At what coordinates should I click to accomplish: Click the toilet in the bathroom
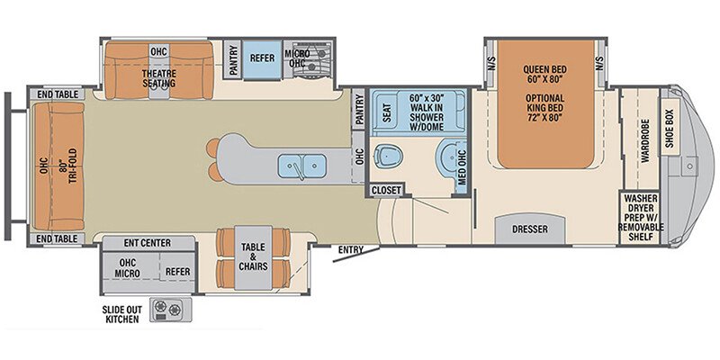(x=388, y=157)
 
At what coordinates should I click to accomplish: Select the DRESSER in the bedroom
(x=529, y=229)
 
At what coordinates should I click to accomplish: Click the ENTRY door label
(x=351, y=250)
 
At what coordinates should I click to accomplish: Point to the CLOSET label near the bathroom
(x=386, y=190)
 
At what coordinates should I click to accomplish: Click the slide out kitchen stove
(x=171, y=310)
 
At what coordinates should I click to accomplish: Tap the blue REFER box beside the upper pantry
(x=262, y=59)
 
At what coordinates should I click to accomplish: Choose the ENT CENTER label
(x=148, y=243)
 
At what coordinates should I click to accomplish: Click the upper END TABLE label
(x=58, y=94)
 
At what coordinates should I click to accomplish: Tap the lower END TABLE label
(x=58, y=238)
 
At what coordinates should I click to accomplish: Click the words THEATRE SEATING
(x=159, y=78)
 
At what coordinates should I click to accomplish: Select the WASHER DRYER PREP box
(x=639, y=218)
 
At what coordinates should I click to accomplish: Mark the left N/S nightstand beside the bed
(x=491, y=63)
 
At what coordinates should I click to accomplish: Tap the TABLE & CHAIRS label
(x=253, y=257)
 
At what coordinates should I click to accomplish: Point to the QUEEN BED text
(x=544, y=74)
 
